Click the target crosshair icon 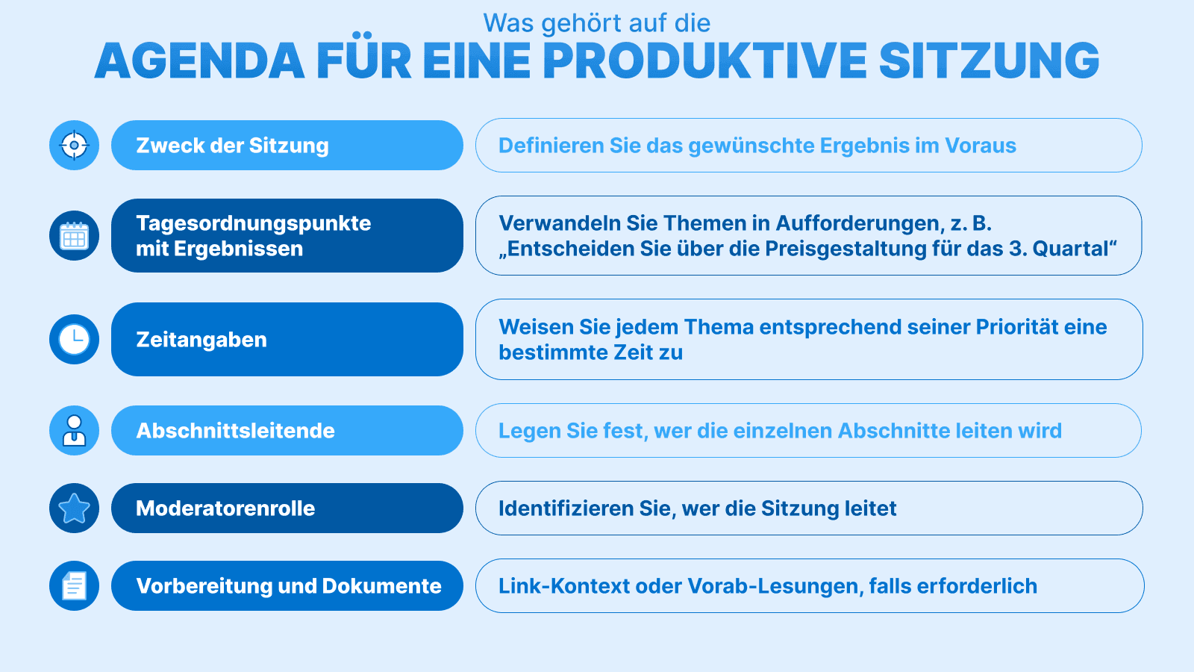tap(74, 145)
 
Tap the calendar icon tap(74, 236)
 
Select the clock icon tap(74, 340)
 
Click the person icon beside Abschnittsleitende tap(74, 431)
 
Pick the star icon tap(74, 508)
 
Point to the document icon tap(74, 586)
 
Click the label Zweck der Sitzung tap(232, 146)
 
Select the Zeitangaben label tap(201, 340)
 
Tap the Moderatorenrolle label tap(225, 508)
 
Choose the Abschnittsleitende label tap(235, 431)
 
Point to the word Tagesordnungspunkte tap(254, 223)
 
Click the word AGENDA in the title tap(200, 61)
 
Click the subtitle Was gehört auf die tap(597, 23)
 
